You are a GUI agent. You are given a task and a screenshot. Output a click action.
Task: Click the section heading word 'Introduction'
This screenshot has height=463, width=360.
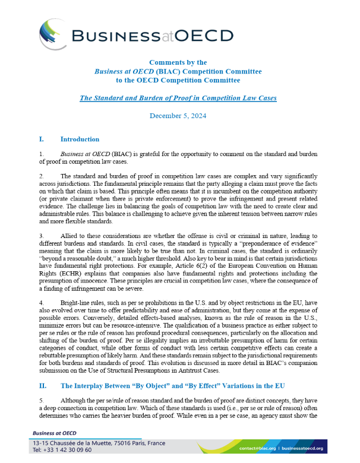point(80,139)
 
